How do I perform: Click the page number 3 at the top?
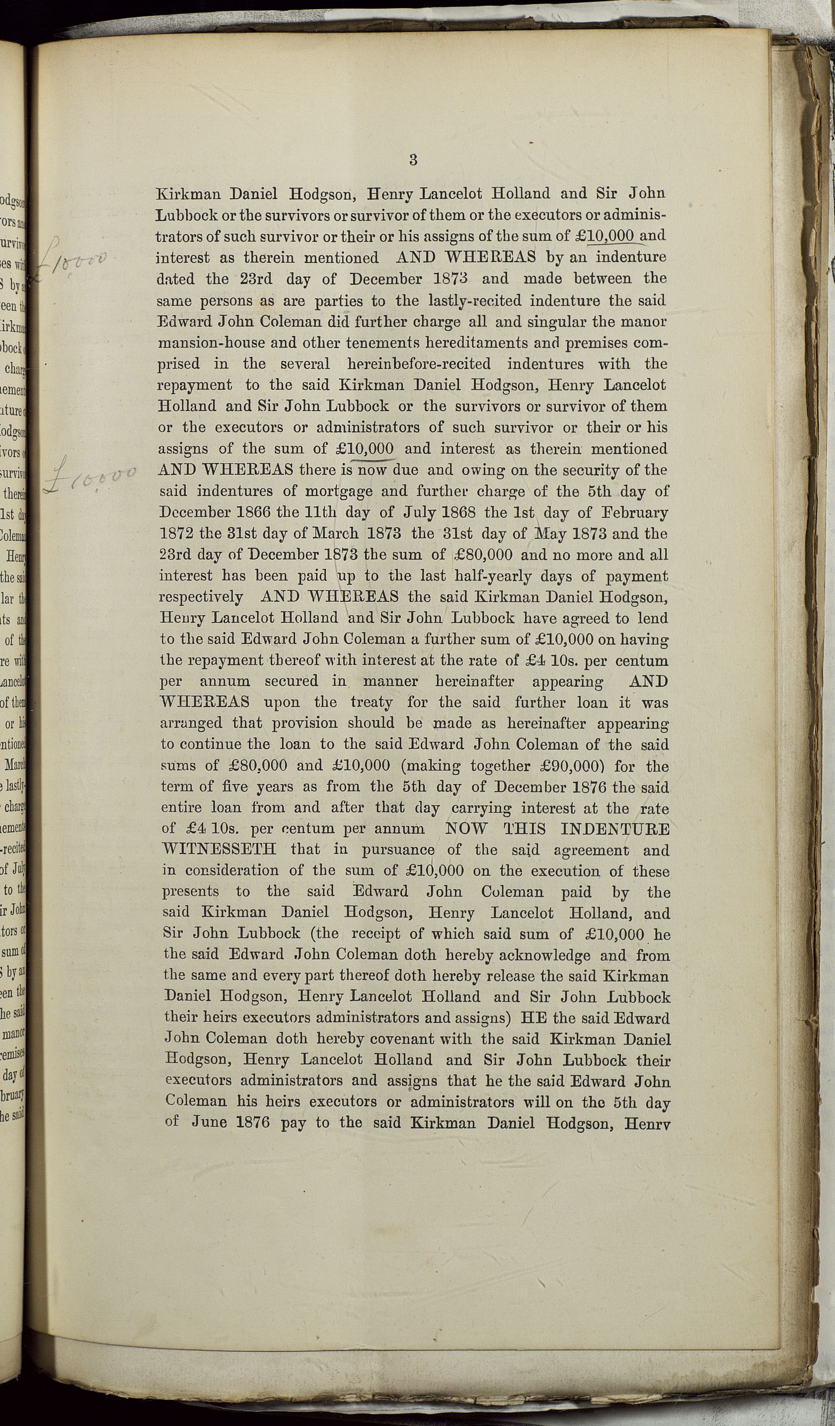413,160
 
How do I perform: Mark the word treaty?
372,702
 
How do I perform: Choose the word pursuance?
406,850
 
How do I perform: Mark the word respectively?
201,598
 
